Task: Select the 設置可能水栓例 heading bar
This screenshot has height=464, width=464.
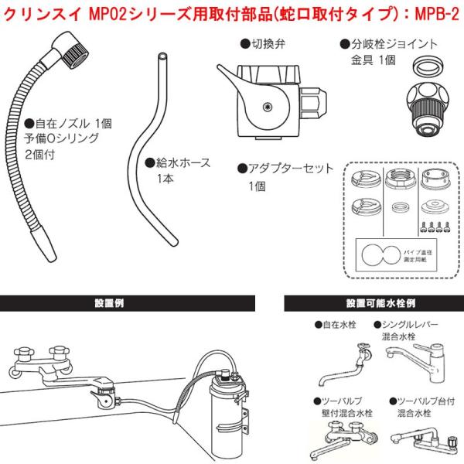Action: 374,304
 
